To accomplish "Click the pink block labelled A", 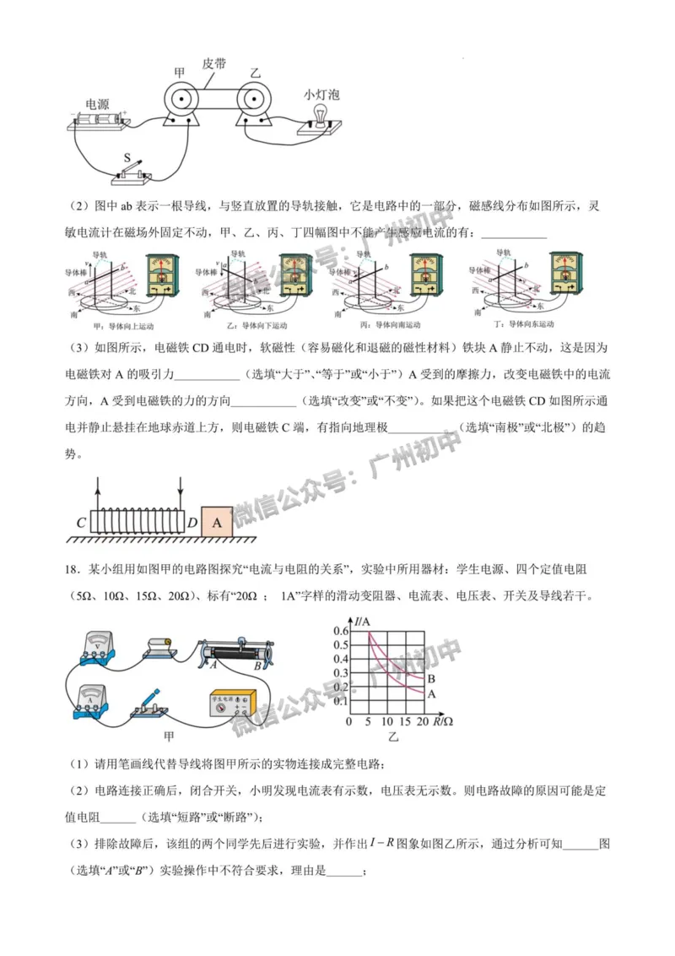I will tap(218, 522).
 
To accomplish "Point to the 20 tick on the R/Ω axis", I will tap(422, 723).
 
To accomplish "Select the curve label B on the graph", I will tap(431, 679).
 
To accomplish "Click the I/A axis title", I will tap(364, 622).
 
